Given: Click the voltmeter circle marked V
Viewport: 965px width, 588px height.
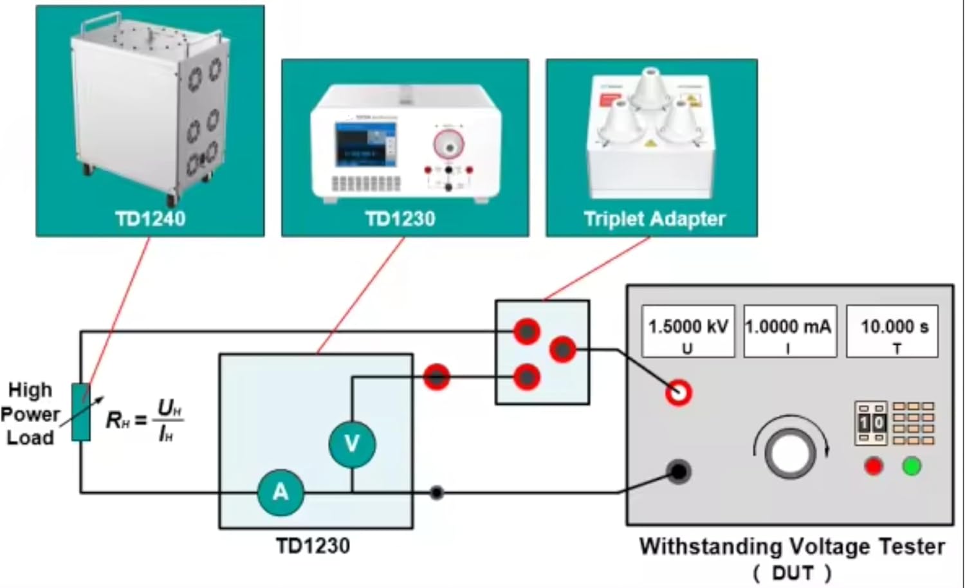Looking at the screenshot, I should [x=352, y=443].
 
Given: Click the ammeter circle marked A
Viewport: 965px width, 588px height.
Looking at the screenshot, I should [x=280, y=492].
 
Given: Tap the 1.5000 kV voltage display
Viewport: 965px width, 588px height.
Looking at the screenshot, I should [x=688, y=331].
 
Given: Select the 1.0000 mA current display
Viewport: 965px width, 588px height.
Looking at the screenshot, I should [x=789, y=331].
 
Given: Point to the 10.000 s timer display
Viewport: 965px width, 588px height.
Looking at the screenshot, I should [x=892, y=331].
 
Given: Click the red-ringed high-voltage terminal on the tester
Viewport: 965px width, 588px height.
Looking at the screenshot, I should [x=678, y=392].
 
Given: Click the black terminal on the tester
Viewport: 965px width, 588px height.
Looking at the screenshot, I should [x=678, y=472].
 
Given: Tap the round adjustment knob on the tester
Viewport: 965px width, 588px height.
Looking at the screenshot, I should [x=789, y=453].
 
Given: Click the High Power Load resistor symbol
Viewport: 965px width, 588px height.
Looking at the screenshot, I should [x=81, y=412].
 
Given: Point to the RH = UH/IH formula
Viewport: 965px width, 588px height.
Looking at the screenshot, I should [x=145, y=420].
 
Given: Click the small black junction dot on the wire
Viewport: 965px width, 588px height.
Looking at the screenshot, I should [x=437, y=493].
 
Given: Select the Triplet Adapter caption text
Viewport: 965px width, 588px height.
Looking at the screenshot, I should [x=654, y=219].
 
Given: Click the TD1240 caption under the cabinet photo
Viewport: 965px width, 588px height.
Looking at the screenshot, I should [x=151, y=219].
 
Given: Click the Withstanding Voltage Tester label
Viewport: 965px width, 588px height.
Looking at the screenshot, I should [x=791, y=547].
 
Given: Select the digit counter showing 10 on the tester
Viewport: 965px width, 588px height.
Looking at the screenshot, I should [x=871, y=423].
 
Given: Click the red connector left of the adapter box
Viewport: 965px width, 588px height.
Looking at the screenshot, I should [x=436, y=377].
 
